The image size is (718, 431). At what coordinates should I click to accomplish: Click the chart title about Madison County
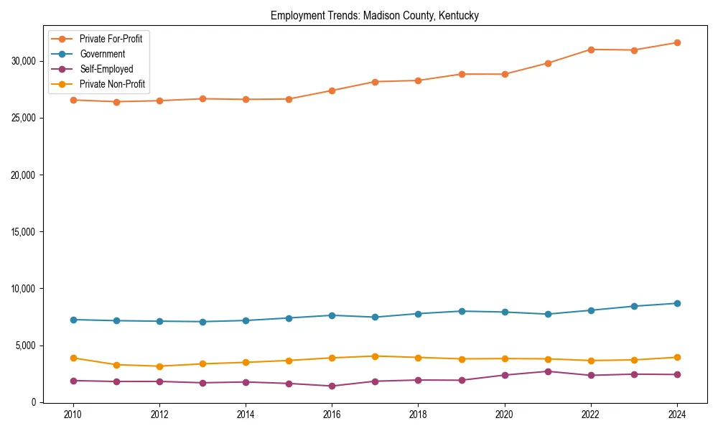coord(374,15)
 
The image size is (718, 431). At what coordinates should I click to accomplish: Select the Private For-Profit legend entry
coord(111,39)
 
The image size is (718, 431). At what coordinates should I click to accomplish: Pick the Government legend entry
coord(102,54)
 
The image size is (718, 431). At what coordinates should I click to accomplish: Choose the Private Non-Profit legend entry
coord(112,84)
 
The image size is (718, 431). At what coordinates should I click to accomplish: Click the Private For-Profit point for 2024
coord(677,42)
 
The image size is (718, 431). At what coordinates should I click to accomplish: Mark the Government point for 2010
coord(73,320)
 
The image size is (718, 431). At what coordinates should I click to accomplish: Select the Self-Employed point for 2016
coord(332,386)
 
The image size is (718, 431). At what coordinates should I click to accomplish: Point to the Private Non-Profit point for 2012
coord(159,366)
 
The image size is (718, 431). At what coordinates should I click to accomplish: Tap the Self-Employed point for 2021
coord(548,371)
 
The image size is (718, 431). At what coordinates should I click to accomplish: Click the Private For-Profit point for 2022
coord(591,50)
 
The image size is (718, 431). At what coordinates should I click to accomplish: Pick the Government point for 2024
coord(677,303)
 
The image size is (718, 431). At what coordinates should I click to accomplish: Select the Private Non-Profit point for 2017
coord(375,356)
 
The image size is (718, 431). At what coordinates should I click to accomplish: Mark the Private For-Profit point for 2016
coord(332,91)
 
